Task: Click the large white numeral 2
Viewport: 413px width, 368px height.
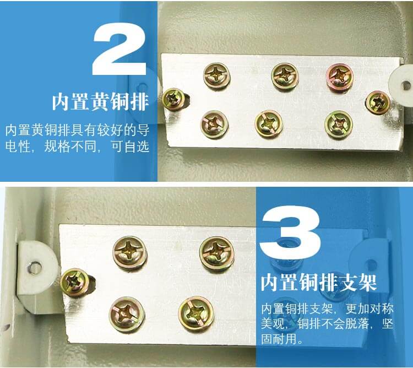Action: (119, 49)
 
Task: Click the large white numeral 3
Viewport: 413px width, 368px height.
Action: (290, 232)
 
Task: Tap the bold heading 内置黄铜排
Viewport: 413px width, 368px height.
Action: (100, 102)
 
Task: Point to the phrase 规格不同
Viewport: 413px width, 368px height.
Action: (70, 147)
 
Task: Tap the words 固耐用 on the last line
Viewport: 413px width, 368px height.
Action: (279, 339)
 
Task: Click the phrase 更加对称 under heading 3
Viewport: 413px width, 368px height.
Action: (370, 309)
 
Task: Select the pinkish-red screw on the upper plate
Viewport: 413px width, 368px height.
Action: (340, 77)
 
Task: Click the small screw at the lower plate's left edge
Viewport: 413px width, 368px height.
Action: (74, 283)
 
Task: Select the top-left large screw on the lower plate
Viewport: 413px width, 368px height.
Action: (129, 253)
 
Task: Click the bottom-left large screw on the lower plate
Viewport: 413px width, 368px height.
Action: (127, 314)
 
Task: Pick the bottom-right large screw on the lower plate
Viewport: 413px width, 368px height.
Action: (196, 313)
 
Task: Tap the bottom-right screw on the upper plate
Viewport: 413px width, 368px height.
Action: (338, 124)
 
